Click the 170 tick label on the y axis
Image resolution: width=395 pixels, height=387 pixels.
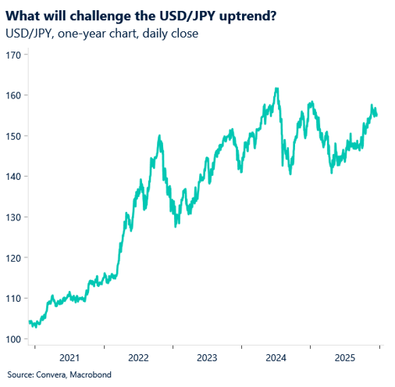tap(13, 55)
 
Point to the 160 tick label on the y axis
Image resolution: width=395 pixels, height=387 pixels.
tap(13, 95)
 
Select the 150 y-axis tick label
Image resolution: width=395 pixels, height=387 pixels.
tap(13, 136)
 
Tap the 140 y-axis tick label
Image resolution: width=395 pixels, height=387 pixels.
tap(13, 177)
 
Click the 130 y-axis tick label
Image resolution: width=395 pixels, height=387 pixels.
tap(13, 217)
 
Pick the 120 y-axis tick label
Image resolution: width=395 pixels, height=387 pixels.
tap(13, 258)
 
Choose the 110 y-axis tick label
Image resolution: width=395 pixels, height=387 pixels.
tap(13, 299)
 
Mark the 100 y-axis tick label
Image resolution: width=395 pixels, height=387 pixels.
tap(13, 339)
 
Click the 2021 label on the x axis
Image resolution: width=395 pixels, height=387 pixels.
tap(69, 357)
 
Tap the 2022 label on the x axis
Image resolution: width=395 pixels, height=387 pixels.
tap(138, 357)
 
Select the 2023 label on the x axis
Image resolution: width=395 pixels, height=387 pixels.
tap(207, 357)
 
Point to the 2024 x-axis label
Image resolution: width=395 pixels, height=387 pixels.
tap(276, 357)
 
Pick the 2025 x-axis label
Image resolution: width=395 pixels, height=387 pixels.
tap(344, 357)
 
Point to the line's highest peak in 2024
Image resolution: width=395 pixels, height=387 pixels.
tap(277, 88)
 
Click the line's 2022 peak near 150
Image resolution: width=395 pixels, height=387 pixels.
tap(159, 136)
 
